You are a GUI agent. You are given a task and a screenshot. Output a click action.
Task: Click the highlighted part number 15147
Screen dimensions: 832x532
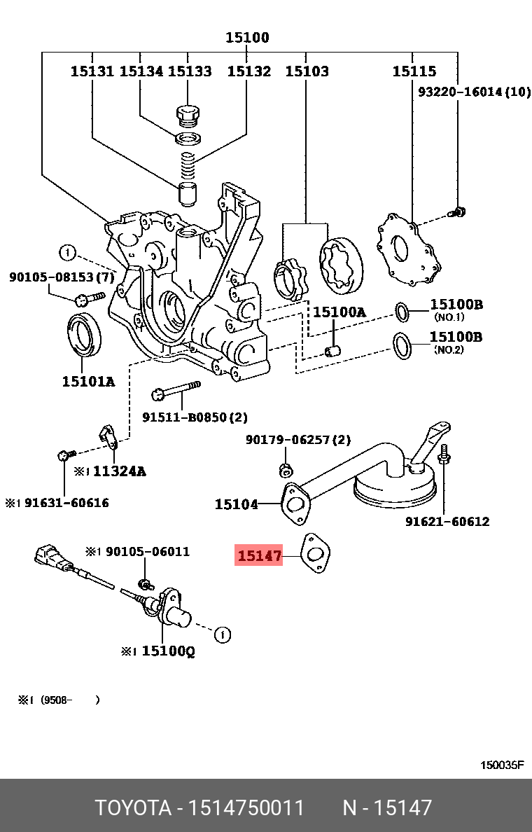(259, 557)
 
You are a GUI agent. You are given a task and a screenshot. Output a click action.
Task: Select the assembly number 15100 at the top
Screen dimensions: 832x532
(247, 38)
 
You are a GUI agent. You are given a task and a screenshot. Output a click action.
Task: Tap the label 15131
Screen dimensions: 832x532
(92, 71)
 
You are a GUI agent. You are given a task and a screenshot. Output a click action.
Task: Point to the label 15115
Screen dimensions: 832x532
(414, 71)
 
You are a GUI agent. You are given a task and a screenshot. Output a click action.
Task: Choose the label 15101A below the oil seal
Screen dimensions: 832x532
(88, 381)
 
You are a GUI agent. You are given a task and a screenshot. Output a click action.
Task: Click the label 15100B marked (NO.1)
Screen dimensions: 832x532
(456, 305)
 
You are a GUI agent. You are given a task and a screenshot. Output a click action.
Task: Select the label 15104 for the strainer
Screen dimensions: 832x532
(236, 504)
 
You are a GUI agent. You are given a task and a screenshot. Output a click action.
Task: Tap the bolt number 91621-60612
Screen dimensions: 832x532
(447, 522)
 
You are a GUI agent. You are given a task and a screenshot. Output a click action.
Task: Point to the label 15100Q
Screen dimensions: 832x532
(168, 651)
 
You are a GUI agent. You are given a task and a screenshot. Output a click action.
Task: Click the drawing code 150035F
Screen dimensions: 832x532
(501, 765)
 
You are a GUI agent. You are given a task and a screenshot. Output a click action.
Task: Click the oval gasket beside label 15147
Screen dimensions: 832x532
(314, 555)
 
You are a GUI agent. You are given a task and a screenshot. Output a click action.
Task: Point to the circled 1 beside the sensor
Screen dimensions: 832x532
(222, 635)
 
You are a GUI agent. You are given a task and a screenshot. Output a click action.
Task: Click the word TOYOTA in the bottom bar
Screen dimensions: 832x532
(133, 807)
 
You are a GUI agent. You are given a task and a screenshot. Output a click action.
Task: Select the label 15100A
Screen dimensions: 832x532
(339, 312)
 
